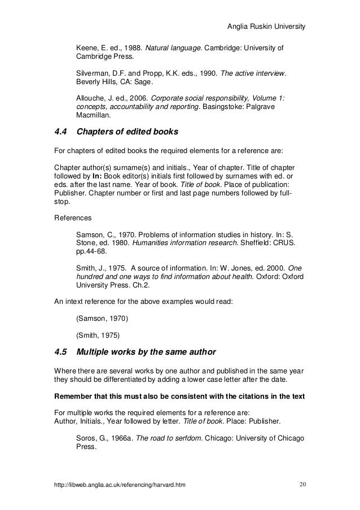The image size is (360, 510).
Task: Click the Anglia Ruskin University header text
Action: [265, 27]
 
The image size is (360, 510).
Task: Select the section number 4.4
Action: [60, 133]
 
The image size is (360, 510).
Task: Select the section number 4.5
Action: [60, 353]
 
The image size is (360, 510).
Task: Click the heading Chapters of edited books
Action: [127, 133]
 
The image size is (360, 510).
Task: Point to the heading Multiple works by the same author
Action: [146, 353]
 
